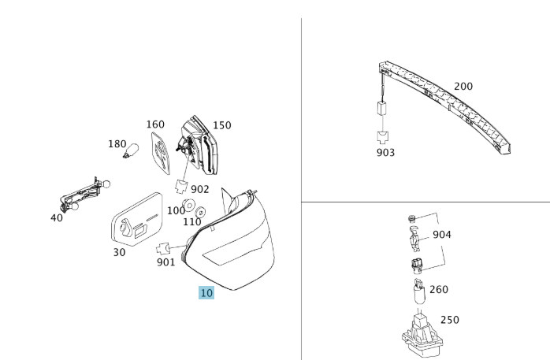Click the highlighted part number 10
(206, 293)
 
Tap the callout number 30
(119, 253)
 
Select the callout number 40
(57, 217)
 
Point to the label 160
(155, 124)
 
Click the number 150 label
(222, 125)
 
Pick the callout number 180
(117, 144)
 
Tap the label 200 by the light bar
(463, 87)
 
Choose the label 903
(385, 152)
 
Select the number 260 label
(438, 289)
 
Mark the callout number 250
(449, 320)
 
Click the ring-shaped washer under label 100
(189, 206)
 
